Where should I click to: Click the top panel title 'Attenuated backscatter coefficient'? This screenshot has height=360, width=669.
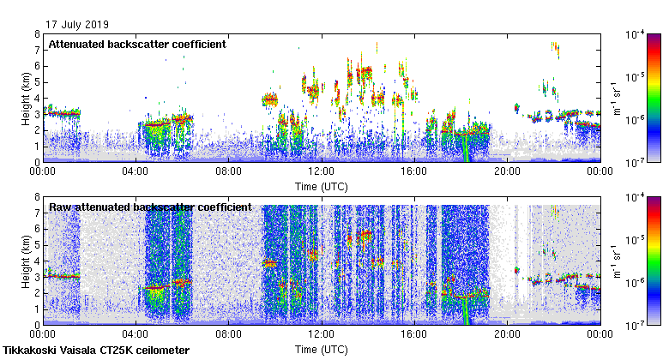coord(137,44)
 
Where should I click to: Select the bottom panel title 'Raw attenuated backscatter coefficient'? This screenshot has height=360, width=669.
coord(150,207)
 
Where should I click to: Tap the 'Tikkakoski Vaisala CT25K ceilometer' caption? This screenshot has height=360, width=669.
coord(96,351)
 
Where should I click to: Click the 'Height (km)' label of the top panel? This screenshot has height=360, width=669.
coord(26,98)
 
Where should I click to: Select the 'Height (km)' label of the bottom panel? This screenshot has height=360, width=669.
coord(26,261)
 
